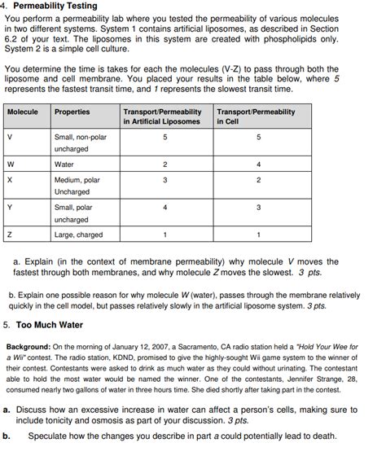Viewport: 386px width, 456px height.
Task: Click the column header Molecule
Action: coord(23,112)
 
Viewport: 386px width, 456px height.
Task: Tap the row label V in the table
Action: coord(10,138)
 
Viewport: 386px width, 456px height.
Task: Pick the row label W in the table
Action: coord(11,164)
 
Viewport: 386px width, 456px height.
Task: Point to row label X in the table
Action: coord(10,179)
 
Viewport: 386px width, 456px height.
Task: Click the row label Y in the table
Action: coord(10,208)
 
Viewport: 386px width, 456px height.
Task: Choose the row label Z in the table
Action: coord(10,235)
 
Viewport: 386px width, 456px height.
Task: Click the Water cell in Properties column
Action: coord(64,164)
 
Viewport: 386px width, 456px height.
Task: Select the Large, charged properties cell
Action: coord(78,235)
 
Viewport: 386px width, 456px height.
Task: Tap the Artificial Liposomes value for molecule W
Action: coord(165,164)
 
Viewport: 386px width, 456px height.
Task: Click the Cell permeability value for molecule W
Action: coord(258,164)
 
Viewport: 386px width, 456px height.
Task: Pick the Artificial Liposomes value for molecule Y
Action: coord(165,208)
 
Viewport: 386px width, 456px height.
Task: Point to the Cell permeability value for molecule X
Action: coord(258,179)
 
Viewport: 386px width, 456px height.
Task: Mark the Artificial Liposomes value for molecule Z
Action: coord(165,235)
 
